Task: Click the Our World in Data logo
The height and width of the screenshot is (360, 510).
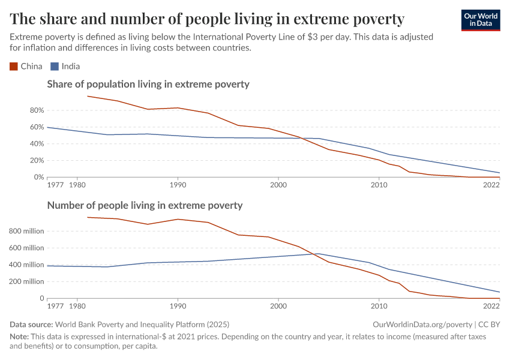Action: coord(480,20)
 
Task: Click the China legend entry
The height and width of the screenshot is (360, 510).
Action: coord(26,67)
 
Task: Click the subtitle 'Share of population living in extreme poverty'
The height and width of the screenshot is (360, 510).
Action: coord(148,85)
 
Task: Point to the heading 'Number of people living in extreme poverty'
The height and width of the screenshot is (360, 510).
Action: coord(145,205)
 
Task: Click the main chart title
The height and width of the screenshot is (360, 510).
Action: coord(207,19)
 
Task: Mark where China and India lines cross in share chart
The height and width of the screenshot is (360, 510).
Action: coord(302,138)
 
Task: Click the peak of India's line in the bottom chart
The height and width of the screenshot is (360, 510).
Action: coord(319,254)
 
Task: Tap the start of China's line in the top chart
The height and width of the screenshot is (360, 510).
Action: coord(88,96)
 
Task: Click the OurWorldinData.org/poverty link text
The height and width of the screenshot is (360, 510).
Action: coord(418,325)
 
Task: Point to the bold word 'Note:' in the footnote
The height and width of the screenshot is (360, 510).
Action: coord(20,337)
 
